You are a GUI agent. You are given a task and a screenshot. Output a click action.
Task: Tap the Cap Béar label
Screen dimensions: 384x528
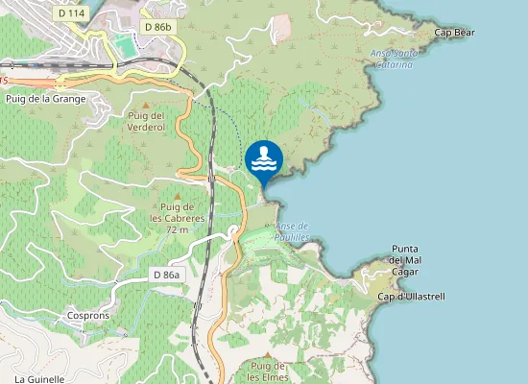point(455,33)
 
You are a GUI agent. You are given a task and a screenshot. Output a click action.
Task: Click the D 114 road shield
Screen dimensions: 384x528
point(69,13)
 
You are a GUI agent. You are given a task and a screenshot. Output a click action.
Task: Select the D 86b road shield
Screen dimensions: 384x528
point(156,27)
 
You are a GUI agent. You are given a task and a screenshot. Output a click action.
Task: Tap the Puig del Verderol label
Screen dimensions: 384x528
point(146,121)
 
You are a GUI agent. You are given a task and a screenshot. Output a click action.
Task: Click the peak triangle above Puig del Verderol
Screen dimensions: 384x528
point(146,105)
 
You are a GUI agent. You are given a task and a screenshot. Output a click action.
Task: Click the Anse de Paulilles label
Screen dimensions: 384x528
point(291,230)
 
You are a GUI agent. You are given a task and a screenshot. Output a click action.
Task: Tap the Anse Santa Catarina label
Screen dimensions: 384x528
point(394,59)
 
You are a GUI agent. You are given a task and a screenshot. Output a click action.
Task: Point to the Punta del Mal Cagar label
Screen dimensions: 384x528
point(411,260)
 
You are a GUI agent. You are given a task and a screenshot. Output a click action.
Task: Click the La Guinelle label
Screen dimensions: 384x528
point(38,379)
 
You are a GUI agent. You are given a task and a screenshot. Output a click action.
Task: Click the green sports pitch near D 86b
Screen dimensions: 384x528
point(122,45)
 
